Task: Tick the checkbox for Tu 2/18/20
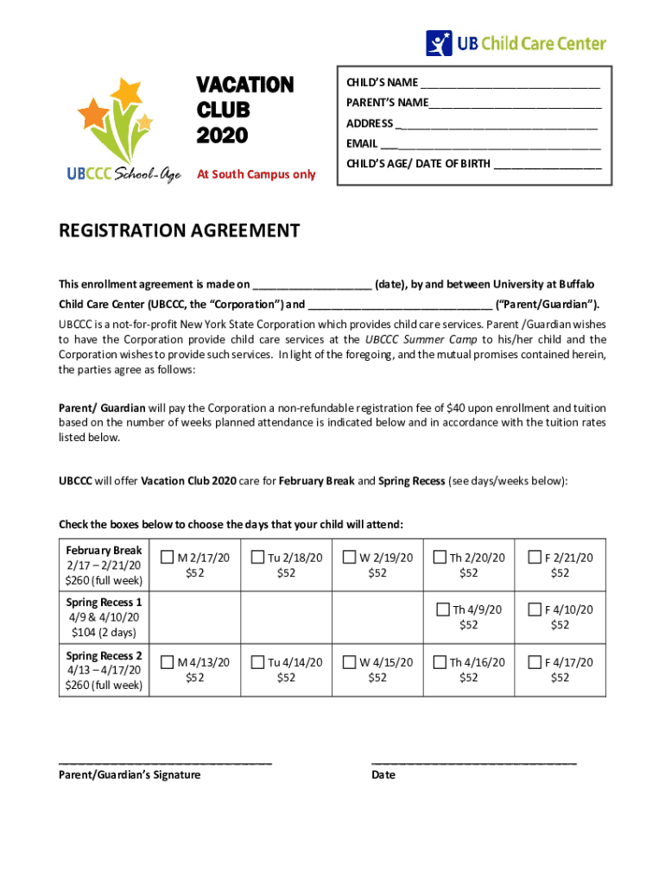tap(257, 558)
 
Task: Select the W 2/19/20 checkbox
tap(349, 558)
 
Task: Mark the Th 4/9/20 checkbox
tap(443, 609)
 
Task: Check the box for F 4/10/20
tap(534, 609)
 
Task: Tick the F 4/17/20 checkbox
tap(534, 662)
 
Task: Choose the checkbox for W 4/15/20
tap(349, 662)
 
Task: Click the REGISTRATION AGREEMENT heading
tap(179, 230)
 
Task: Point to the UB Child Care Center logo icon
tap(439, 43)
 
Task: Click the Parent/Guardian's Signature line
tap(165, 763)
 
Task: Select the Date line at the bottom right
tap(473, 763)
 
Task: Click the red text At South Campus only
tap(256, 174)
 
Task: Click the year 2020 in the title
tap(222, 136)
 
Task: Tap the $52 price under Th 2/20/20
tap(468, 572)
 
